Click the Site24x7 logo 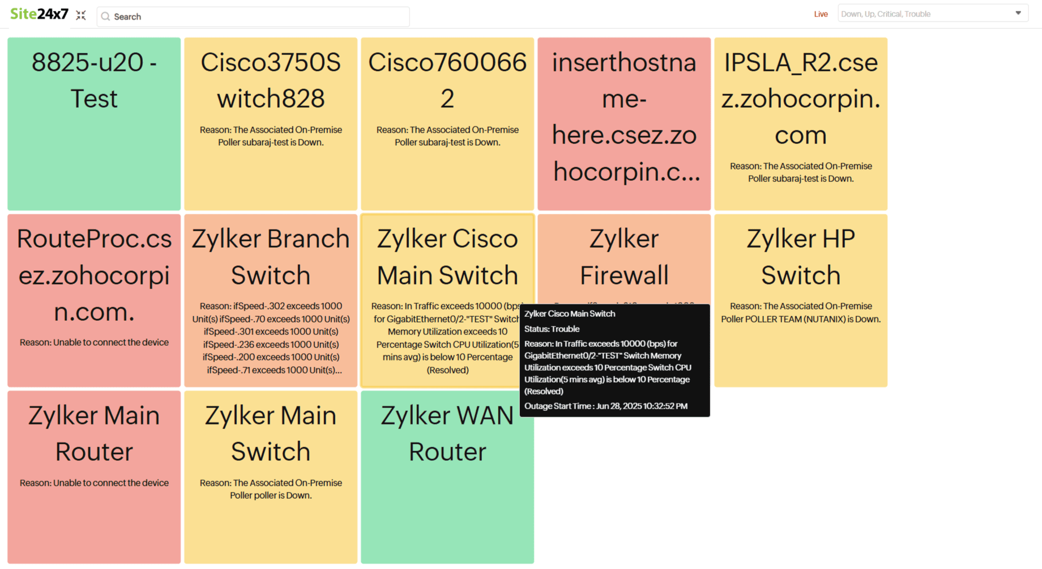click(x=39, y=14)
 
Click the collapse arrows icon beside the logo click(x=81, y=15)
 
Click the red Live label click(x=821, y=14)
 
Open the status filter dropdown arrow click(x=1018, y=13)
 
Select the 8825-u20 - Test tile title click(x=94, y=80)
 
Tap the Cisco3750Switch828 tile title click(x=271, y=80)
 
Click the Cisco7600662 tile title click(x=447, y=80)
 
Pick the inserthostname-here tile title click(x=624, y=116)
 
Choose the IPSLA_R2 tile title click(x=801, y=98)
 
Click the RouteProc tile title click(x=94, y=275)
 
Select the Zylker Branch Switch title click(x=271, y=257)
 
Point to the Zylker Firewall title click(x=624, y=257)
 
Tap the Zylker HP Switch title click(x=801, y=257)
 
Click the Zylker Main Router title click(x=94, y=434)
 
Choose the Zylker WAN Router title click(x=447, y=434)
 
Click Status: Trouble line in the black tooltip click(x=552, y=329)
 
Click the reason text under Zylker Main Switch click(x=271, y=489)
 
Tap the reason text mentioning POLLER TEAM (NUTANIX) click(x=801, y=312)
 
